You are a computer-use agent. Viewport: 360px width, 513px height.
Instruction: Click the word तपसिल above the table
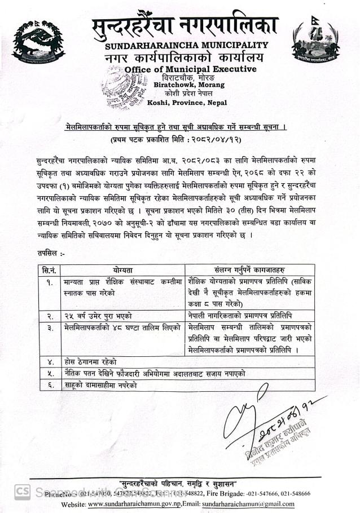point(47,254)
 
